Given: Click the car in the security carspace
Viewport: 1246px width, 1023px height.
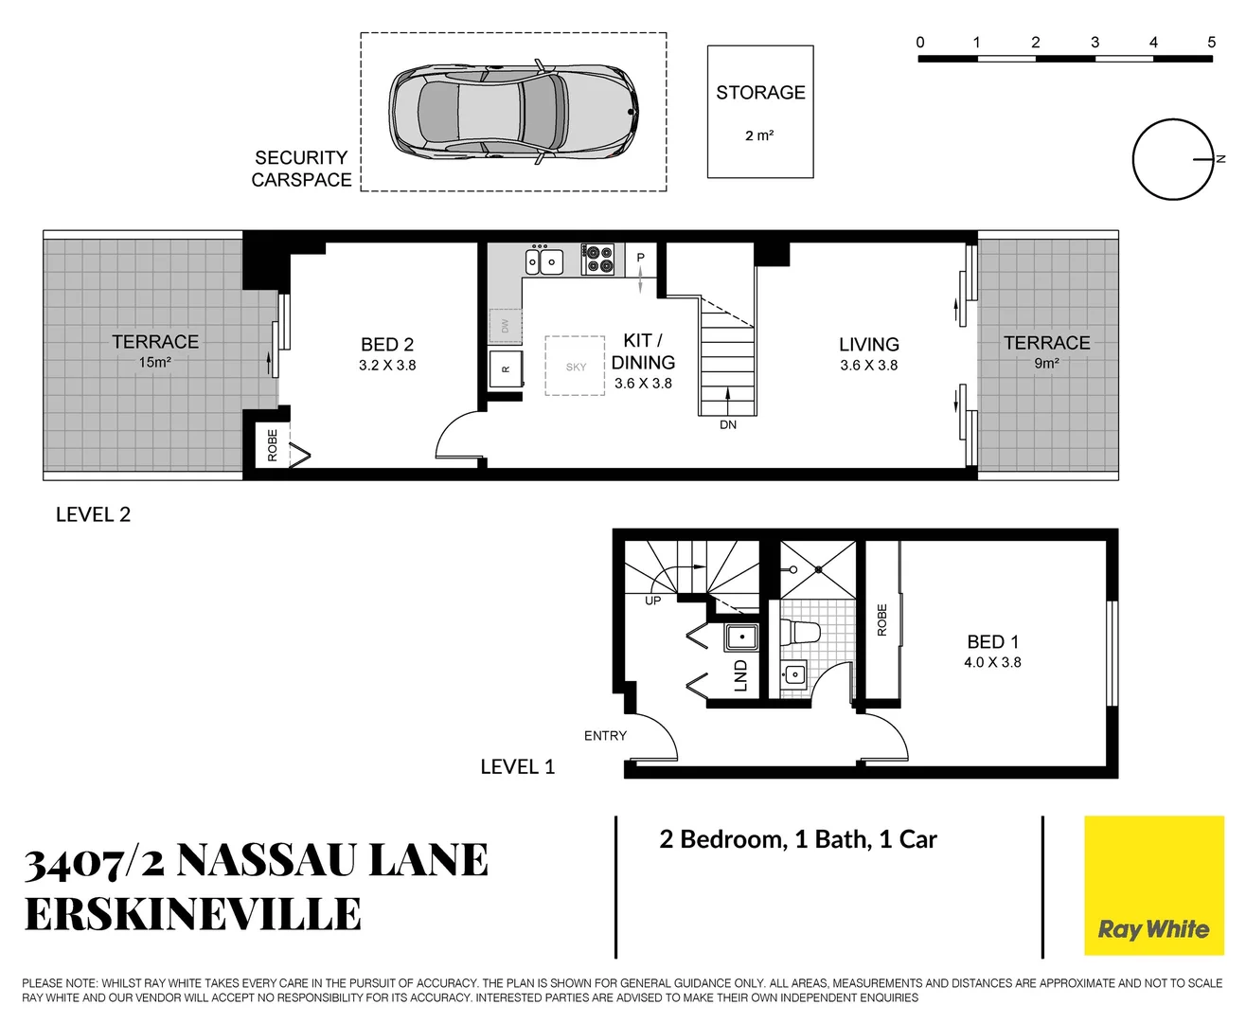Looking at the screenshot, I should pos(512,113).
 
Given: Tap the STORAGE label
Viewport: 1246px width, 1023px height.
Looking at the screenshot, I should pos(760,93).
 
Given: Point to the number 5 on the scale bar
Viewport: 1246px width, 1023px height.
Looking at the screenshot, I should pos(1211,43).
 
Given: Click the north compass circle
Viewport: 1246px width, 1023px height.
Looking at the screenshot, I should pos(1172,159).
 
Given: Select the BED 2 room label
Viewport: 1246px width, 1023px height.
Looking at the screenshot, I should pos(387,345).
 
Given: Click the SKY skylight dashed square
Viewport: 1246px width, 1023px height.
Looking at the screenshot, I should pos(575,367).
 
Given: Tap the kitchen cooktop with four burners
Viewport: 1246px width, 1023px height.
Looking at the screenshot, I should pos(598,260).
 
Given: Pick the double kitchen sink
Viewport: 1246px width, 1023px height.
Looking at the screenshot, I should pos(544,260).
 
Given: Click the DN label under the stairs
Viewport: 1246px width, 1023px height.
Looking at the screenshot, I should pos(728,425).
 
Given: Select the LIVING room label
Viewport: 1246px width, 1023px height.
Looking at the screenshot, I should pos(868,345).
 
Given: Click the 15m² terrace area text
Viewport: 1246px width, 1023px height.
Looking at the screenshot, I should pos(155,363).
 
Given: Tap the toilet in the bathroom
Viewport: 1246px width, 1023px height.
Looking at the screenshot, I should pos(800,632).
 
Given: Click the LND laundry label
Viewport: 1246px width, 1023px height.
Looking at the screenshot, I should pos(740,675).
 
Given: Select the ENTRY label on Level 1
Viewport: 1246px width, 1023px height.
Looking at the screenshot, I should pos(605,736).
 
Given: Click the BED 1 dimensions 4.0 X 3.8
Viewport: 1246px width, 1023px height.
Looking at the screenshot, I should pos(992,663).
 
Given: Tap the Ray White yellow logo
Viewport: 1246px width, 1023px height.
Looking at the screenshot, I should pos(1153,886).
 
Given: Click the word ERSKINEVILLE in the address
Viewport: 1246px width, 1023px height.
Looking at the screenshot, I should pos(193,915).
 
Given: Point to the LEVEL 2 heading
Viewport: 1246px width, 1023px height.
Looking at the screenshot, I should pos(93,515).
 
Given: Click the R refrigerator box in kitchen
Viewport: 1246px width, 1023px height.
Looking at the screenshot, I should pos(506,368).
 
